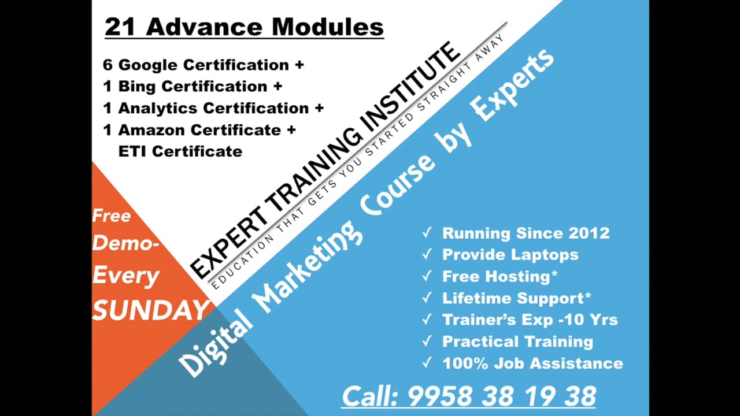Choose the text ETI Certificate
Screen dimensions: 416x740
pos(180,151)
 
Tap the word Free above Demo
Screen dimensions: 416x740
pos(112,216)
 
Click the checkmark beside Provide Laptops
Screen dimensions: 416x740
pos(427,255)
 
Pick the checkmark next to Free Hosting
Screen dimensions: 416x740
pos(427,276)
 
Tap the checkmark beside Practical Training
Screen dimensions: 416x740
pos(427,341)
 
